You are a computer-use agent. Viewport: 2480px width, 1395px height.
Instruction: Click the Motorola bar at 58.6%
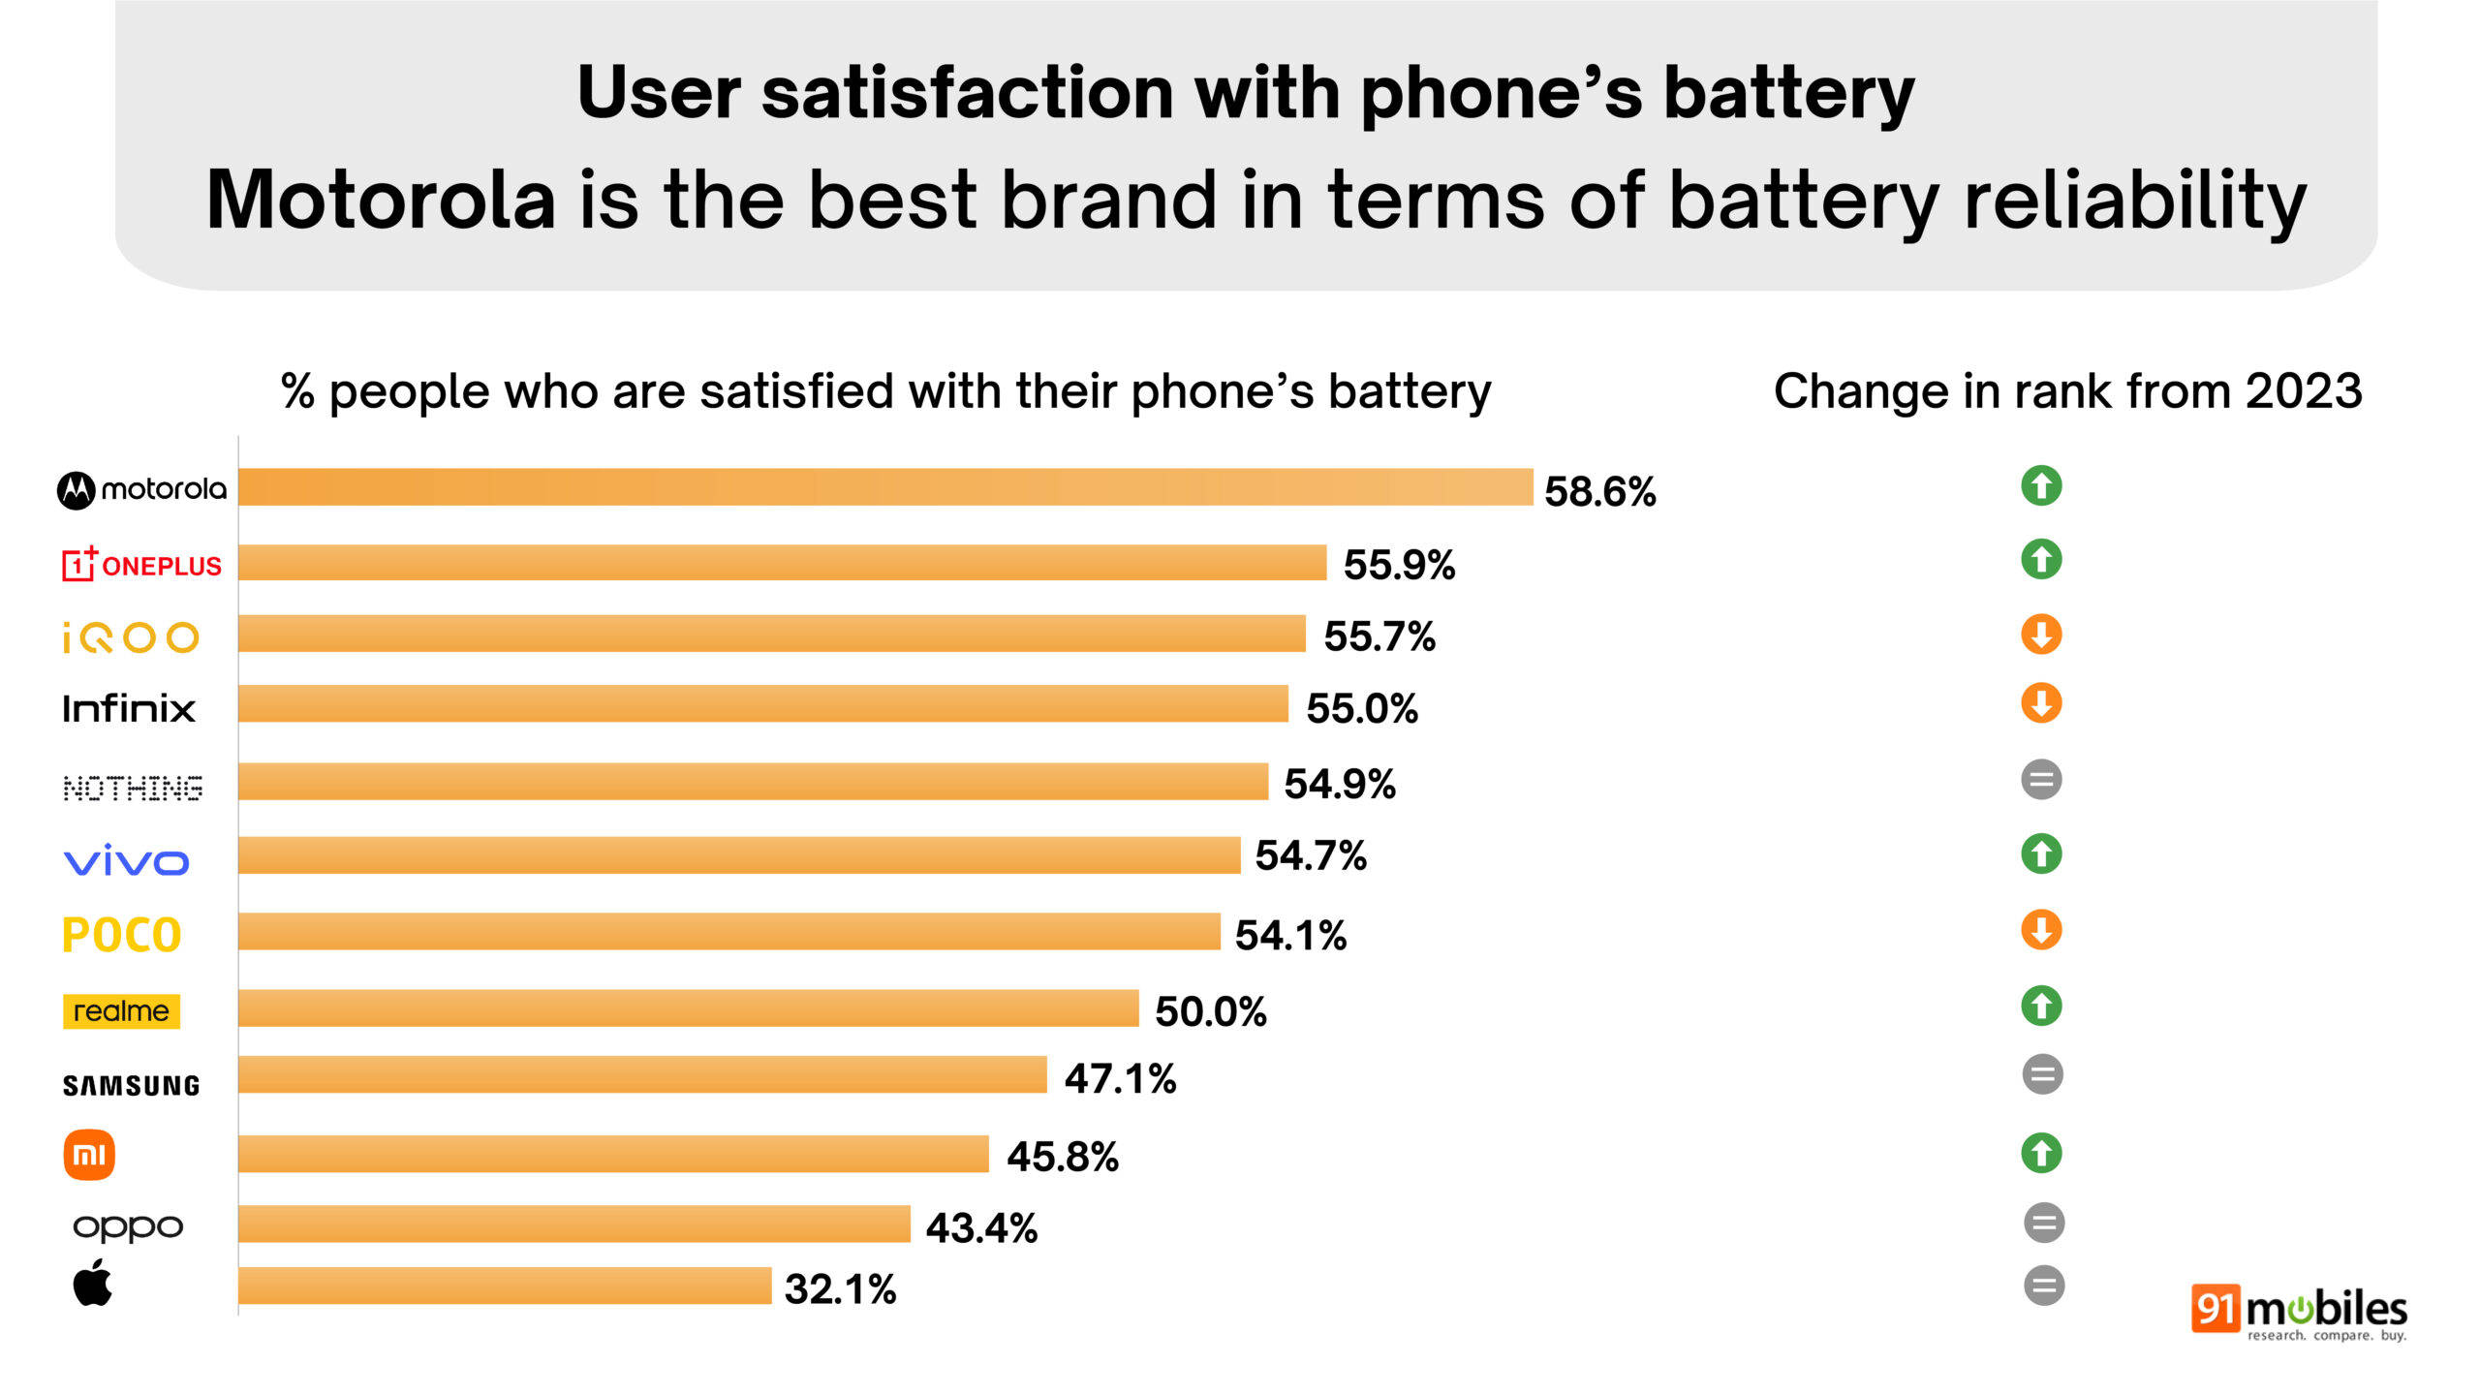[x=885, y=487]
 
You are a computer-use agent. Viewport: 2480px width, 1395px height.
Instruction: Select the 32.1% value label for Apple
[x=840, y=1289]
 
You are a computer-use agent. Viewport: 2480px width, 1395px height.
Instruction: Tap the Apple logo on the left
[x=93, y=1283]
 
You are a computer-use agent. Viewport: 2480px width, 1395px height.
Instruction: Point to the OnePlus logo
[x=141, y=564]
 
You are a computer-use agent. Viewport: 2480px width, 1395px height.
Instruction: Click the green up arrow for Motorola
[x=2041, y=485]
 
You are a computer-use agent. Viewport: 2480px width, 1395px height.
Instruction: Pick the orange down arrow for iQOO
[x=2041, y=635]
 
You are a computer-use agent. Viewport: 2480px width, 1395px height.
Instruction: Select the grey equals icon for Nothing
[x=2041, y=780]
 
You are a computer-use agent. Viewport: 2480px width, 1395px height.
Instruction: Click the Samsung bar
[x=642, y=1074]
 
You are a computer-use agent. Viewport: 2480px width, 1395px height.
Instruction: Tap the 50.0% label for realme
[x=1210, y=1011]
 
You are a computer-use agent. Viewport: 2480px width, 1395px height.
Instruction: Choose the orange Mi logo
[x=89, y=1155]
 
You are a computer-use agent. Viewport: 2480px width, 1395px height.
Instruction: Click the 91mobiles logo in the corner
[x=2298, y=1313]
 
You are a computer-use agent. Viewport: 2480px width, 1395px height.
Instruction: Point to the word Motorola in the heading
[x=381, y=200]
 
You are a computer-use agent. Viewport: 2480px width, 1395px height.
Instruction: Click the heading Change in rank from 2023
[x=2067, y=391]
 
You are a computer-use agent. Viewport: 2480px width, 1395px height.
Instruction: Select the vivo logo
[x=126, y=860]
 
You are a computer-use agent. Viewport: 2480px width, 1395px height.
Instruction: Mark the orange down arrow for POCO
[x=2041, y=930]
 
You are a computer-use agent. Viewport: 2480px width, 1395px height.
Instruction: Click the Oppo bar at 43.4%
[x=573, y=1224]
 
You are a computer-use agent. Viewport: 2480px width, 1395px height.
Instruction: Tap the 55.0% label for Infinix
[x=1361, y=708]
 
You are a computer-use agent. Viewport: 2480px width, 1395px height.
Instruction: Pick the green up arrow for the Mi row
[x=2041, y=1153]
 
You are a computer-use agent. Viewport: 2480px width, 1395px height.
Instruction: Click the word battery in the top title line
[x=1788, y=94]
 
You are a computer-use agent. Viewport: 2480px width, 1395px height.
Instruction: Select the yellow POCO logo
[x=122, y=935]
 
